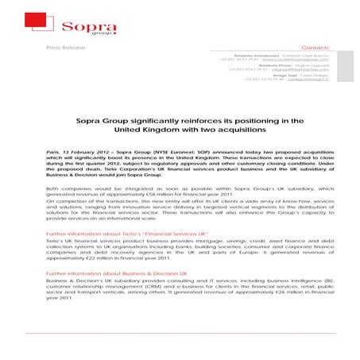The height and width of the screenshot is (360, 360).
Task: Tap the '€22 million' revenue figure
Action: tap(103, 258)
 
